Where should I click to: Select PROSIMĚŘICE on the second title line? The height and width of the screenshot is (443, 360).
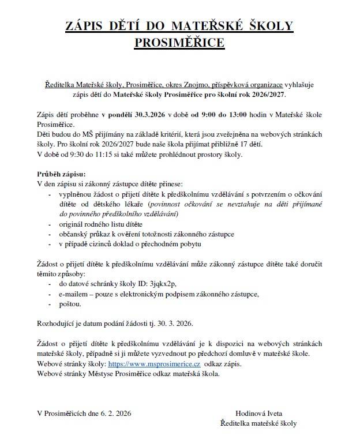(179, 42)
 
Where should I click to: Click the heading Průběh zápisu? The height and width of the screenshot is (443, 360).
(61, 174)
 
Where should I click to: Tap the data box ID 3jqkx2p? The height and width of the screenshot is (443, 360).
(160, 283)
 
